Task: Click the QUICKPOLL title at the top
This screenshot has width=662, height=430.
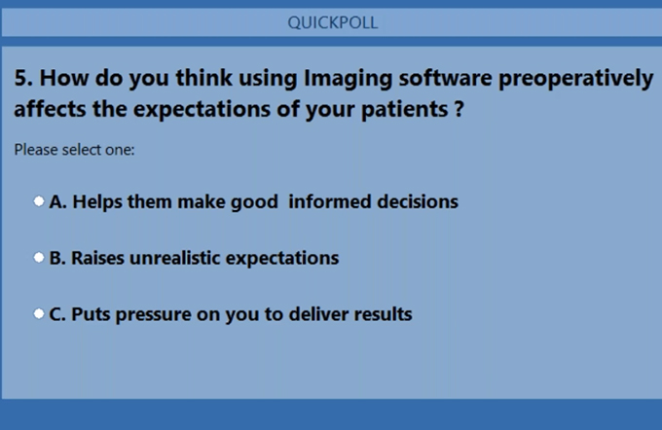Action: coord(333,22)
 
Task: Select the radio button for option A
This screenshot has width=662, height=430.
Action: coord(39,201)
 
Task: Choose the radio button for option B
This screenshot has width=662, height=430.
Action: coord(39,258)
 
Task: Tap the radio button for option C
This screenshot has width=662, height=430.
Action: coord(39,313)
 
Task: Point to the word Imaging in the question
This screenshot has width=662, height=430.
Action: coord(348,80)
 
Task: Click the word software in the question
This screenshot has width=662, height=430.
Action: coord(446,78)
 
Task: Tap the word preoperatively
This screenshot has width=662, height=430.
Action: coord(576,80)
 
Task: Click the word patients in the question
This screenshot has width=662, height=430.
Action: coord(404,110)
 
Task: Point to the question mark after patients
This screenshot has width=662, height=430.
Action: coord(460,109)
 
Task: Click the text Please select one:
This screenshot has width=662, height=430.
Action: coord(74,150)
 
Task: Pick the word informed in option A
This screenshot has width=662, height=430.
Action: coord(329,201)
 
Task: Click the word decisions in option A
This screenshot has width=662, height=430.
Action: coord(418,201)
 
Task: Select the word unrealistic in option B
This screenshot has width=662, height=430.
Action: coord(175,258)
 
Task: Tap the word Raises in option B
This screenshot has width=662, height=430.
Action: coord(97,258)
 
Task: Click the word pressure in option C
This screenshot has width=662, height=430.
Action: coord(153,315)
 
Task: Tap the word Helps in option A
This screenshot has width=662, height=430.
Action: coord(97,202)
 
